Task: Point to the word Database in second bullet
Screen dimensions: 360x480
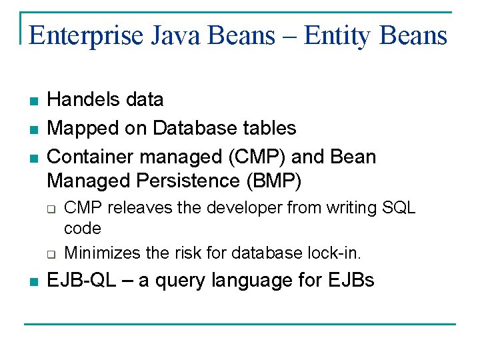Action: [x=197, y=127]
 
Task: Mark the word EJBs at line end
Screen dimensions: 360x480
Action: [x=351, y=281]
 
